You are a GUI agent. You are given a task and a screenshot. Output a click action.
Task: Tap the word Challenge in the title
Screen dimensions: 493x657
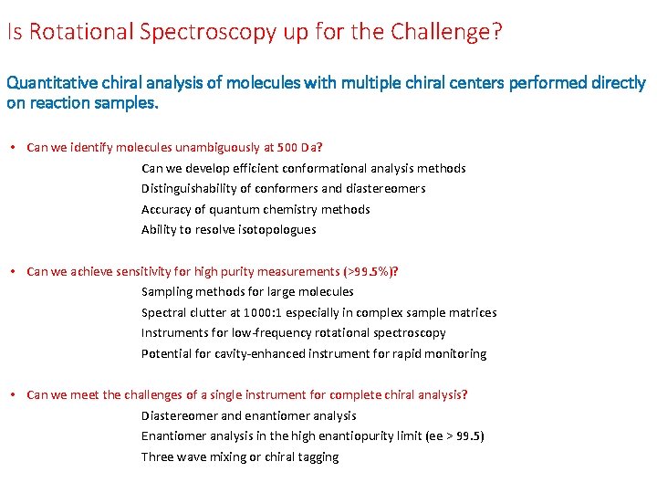coord(443,33)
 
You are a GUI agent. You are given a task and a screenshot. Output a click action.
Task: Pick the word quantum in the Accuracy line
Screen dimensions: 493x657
coord(235,209)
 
